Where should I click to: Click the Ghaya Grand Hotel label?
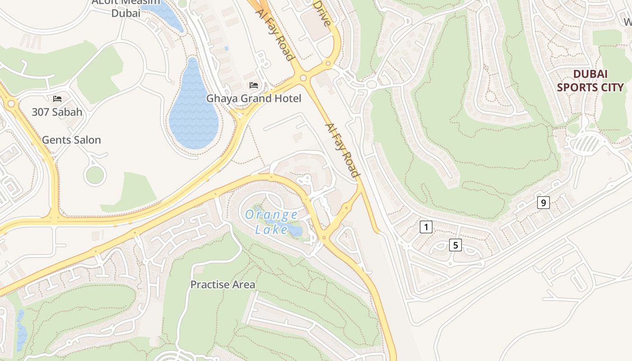253,98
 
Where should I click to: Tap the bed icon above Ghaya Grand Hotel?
254,85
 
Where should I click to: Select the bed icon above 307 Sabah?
57,98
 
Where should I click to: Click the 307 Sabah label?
57,112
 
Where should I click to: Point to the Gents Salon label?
71,140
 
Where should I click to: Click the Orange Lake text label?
271,222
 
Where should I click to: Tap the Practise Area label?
223,285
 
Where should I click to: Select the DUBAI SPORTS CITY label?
590,81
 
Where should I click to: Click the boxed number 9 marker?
543,203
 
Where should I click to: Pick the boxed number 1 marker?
426,227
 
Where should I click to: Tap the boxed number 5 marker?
455,245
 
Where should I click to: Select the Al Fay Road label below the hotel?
342,150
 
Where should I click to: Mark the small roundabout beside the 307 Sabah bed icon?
11,104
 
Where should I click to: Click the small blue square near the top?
227,48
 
